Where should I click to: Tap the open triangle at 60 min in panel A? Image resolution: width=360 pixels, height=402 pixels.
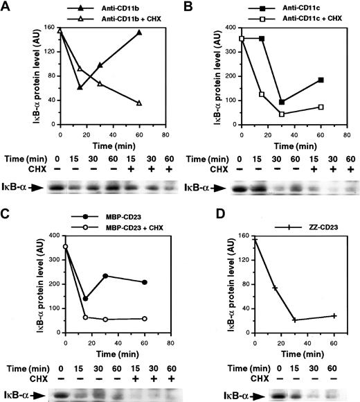pos(139,103)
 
